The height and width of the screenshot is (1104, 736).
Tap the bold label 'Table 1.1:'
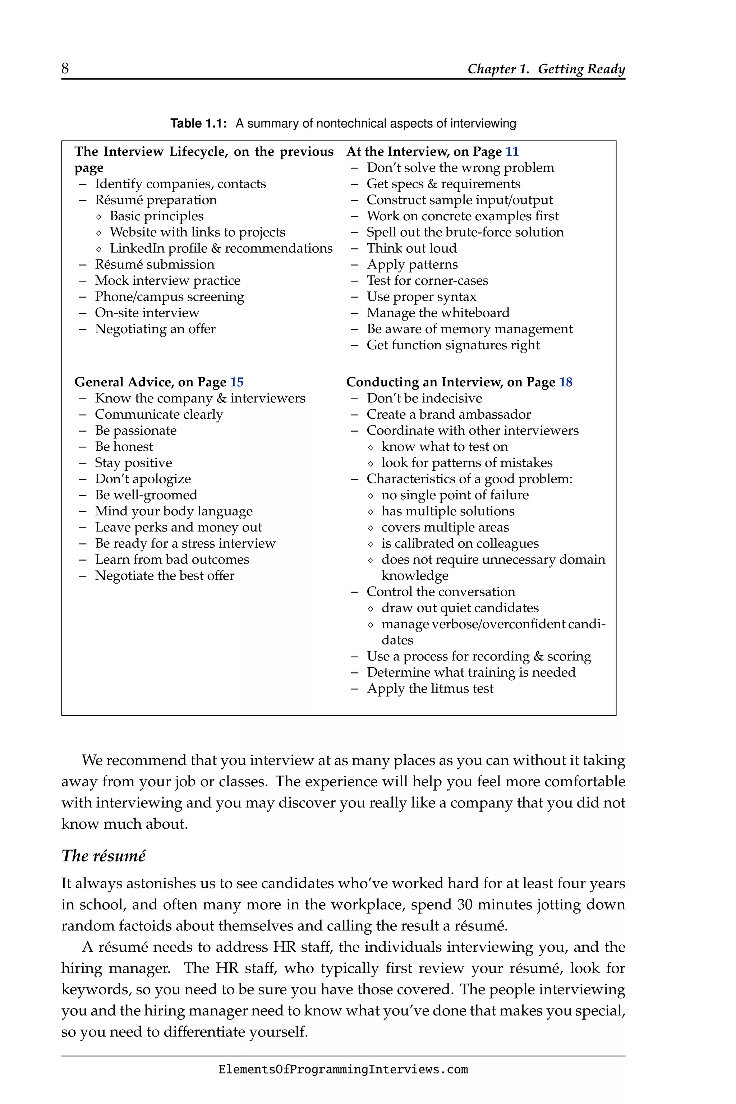pyautogui.click(x=198, y=124)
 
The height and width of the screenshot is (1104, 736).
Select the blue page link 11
pyautogui.click(x=512, y=152)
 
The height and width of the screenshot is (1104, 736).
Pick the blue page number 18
pyautogui.click(x=565, y=382)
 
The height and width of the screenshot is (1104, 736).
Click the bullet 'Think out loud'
pyautogui.click(x=411, y=248)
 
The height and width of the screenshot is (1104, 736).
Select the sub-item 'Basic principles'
pyautogui.click(x=156, y=216)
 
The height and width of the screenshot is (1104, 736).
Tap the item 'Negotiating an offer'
pyautogui.click(x=155, y=328)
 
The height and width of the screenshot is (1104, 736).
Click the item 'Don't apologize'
pyautogui.click(x=143, y=479)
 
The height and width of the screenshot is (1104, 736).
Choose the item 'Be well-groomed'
pyautogui.click(x=146, y=495)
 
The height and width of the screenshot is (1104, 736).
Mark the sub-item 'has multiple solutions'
pyautogui.click(x=447, y=511)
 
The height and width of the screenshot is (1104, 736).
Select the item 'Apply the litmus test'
pyautogui.click(x=430, y=689)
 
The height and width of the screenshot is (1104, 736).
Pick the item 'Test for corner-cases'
pyautogui.click(x=427, y=281)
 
